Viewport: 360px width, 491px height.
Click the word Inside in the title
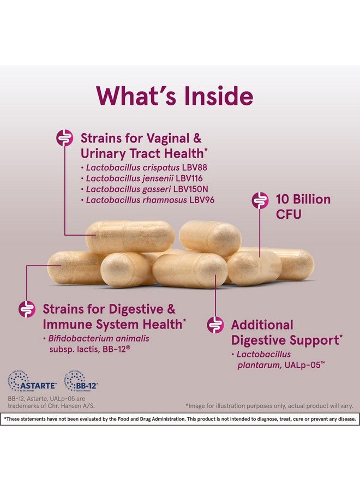219,96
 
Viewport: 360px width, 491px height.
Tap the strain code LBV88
194,167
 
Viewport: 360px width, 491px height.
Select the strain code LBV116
189,178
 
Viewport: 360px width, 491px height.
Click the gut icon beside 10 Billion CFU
260,200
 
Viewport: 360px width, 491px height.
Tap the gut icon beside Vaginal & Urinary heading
65,138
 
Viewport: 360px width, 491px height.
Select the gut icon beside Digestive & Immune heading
27,309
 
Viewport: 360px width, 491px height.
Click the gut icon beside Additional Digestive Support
215,325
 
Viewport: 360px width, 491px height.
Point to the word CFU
289,214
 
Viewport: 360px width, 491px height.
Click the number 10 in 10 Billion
282,200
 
